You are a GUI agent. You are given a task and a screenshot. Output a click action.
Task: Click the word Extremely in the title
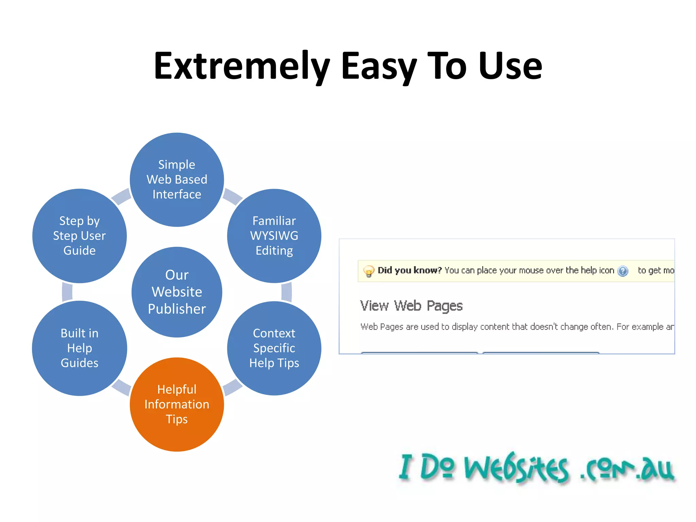click(x=241, y=66)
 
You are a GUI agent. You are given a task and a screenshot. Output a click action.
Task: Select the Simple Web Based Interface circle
click(x=177, y=179)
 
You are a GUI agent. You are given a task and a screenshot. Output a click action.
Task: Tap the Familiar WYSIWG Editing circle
click(x=274, y=236)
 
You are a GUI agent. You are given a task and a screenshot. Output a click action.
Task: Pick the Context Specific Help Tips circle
click(x=274, y=348)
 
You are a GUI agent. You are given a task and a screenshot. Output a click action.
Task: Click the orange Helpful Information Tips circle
click(x=177, y=404)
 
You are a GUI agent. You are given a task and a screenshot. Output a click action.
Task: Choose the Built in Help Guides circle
click(x=80, y=348)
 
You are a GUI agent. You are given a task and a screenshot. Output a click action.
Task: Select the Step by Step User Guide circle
click(x=80, y=236)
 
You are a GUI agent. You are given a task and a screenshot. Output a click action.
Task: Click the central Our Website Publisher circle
click(x=177, y=292)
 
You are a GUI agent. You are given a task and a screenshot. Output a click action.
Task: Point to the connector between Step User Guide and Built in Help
click(x=67, y=292)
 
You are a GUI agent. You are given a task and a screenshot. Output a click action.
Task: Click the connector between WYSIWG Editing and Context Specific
click(x=286, y=292)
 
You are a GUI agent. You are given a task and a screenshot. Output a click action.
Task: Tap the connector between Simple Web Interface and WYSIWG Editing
click(x=232, y=197)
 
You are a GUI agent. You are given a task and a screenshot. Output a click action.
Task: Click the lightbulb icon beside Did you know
click(x=368, y=271)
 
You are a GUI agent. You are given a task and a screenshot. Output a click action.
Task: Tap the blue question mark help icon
click(x=623, y=271)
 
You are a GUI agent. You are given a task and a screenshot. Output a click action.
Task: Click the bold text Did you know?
click(x=410, y=270)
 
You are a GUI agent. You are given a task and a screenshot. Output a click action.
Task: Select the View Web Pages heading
click(x=411, y=306)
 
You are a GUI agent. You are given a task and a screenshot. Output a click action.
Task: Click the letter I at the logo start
click(x=406, y=467)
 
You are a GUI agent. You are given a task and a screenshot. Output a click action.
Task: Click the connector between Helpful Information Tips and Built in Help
click(x=121, y=387)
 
